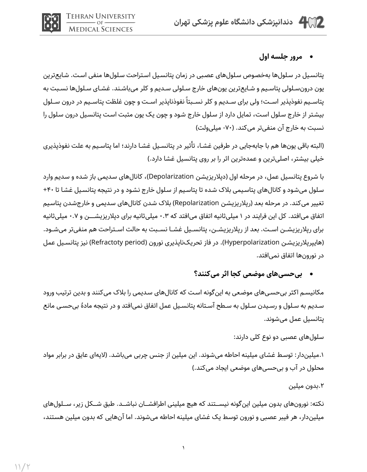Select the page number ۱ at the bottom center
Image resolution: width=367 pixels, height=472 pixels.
click(x=184, y=448)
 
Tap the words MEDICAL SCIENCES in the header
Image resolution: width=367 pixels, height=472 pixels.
click(x=101, y=29)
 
